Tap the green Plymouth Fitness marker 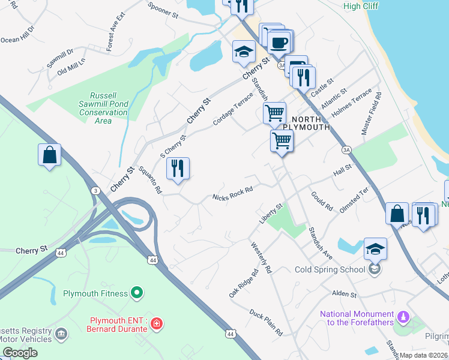click(137, 293)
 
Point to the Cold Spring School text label click(330, 269)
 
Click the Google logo click(20, 353)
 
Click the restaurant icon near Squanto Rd click(178, 168)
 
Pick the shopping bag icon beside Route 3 click(49, 155)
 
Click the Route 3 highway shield click(95, 189)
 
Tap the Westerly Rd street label click(262, 257)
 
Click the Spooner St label click(164, 13)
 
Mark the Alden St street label click(345, 295)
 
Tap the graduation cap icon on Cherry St click(244, 52)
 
